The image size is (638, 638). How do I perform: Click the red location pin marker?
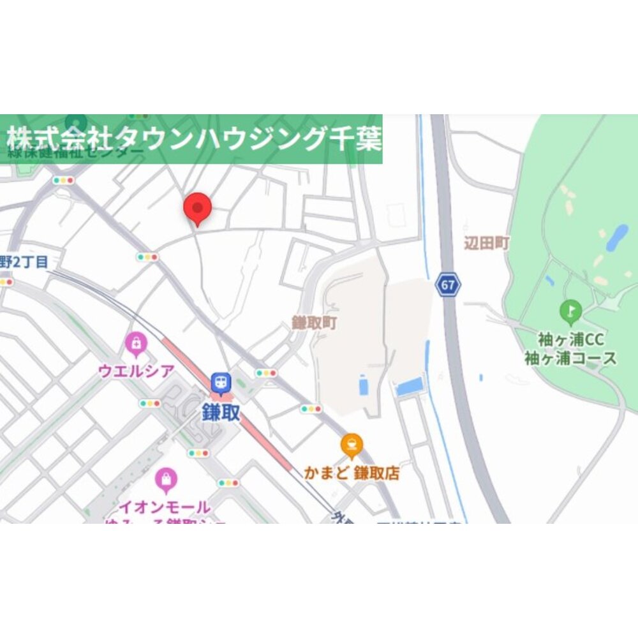coord(197,208)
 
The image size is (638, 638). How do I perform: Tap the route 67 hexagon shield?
coord(448,285)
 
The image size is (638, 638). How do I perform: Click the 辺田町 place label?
coord(487,243)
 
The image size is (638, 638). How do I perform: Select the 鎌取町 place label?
coord(315,323)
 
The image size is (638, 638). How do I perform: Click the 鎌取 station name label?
coord(221,412)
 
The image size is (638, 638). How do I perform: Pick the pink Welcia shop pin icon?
coord(135,345)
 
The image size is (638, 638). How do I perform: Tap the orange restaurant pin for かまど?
coord(351,445)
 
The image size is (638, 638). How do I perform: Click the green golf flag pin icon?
coord(570,312)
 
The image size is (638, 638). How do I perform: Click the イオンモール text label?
coord(165,508)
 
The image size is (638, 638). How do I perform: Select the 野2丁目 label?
coord(24,261)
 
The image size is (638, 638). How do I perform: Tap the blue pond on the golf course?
coord(617,237)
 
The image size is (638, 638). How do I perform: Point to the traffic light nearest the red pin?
coord(147,257)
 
